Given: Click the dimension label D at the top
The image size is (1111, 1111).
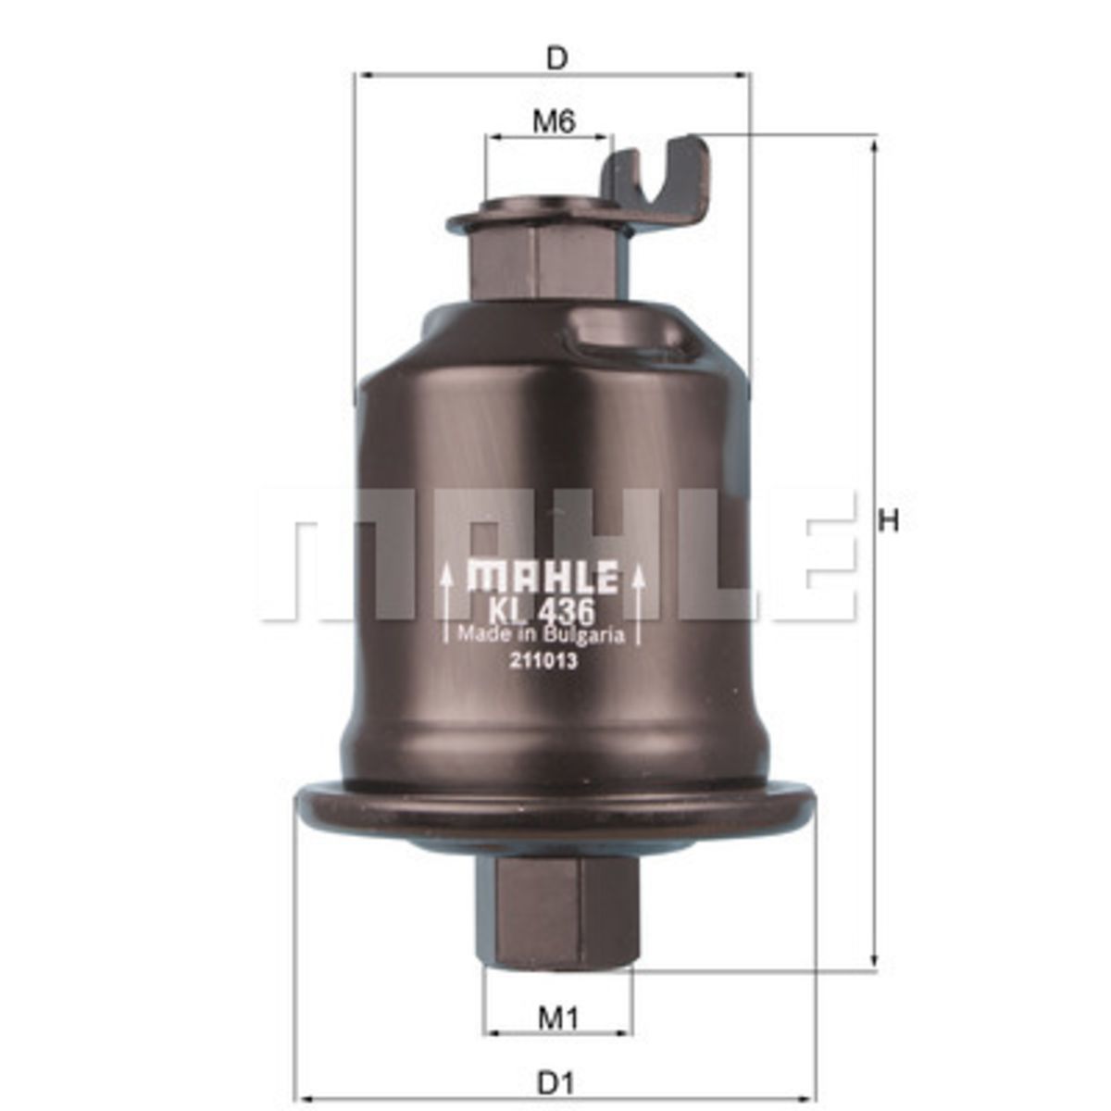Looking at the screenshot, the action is (x=556, y=58).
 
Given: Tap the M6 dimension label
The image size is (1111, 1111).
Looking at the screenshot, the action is (x=554, y=121).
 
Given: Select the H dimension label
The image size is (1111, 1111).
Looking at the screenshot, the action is (x=889, y=521).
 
